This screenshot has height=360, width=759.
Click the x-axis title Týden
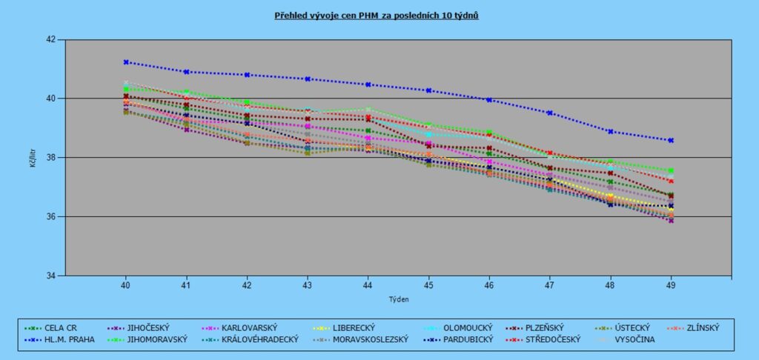click(x=399, y=299)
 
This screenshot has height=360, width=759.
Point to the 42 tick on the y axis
click(x=52, y=39)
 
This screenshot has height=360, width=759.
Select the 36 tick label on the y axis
click(x=52, y=217)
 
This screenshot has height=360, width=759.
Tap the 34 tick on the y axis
click(x=52, y=276)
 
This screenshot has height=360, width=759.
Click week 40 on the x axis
click(x=126, y=284)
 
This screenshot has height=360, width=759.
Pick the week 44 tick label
click(x=368, y=284)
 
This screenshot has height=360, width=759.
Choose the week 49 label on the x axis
click(x=671, y=284)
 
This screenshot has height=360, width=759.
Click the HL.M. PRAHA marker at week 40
click(x=126, y=62)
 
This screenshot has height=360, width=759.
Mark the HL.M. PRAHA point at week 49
click(x=671, y=140)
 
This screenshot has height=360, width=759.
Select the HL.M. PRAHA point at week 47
click(x=549, y=113)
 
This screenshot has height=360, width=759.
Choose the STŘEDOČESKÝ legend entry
click(x=553, y=339)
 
